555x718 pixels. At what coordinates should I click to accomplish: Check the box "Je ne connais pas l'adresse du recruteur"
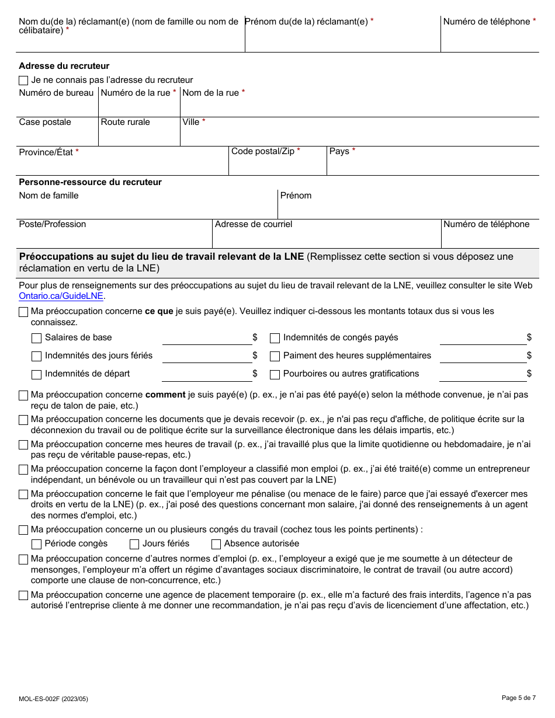(23, 80)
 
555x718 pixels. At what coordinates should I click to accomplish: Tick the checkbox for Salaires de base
(36, 338)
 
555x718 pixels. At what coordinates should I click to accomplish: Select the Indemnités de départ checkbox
(36, 374)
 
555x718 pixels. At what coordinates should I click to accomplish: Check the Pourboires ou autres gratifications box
(275, 374)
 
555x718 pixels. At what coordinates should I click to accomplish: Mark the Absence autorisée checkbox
(216, 544)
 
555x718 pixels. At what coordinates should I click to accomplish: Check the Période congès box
(36, 544)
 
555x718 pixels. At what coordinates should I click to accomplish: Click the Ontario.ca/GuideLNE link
(61, 296)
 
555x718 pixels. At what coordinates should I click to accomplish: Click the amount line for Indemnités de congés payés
(483, 339)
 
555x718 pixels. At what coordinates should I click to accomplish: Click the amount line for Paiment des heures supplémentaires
(483, 357)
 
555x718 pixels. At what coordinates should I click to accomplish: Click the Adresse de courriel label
(254, 224)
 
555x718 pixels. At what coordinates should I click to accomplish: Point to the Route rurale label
(125, 122)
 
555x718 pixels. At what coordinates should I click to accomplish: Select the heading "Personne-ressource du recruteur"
(90, 182)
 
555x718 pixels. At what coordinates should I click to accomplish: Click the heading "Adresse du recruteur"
(64, 66)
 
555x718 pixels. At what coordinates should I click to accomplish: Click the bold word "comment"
(165, 395)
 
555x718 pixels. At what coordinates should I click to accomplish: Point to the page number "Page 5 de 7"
(518, 698)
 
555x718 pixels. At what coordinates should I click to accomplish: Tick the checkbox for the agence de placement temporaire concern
(23, 596)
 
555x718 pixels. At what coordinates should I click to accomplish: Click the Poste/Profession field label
(53, 224)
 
